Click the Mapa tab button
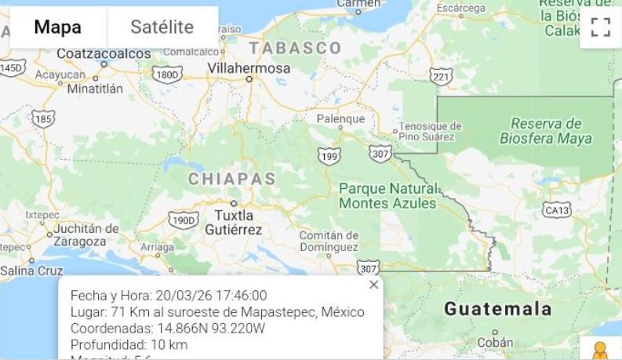(x=57, y=27)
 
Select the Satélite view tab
(x=162, y=27)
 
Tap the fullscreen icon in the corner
(x=600, y=28)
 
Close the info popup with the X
(x=373, y=285)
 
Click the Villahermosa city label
(x=249, y=68)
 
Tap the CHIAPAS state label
(x=231, y=179)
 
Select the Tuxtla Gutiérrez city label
(x=234, y=222)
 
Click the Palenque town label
(x=340, y=119)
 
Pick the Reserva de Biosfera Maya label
(x=546, y=131)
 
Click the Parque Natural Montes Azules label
(x=387, y=196)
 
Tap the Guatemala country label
(x=497, y=309)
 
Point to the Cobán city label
(x=496, y=342)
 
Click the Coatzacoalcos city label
(x=104, y=53)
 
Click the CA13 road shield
(x=557, y=209)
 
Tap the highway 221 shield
(x=442, y=76)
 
